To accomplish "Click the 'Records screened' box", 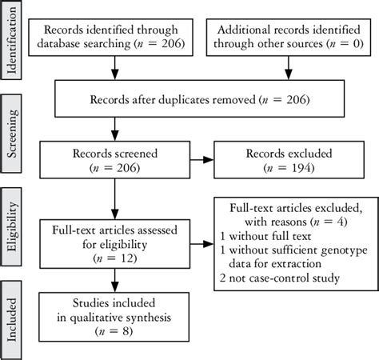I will click(115, 159).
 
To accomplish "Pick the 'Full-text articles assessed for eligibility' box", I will click(115, 245).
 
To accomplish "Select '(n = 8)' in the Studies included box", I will click(115, 329).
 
